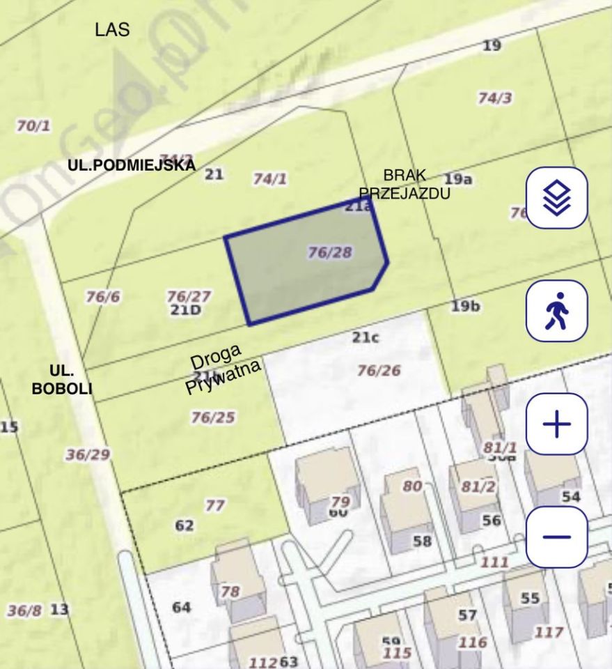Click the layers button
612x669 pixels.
(556, 198)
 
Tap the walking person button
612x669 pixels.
(556, 311)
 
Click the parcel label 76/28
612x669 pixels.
(330, 252)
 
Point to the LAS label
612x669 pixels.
(112, 29)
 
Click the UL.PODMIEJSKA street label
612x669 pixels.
(132, 165)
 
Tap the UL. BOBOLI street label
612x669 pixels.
(62, 380)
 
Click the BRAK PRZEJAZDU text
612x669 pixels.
(405, 184)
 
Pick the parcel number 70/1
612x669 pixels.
(33, 126)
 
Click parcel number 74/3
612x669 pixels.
(495, 98)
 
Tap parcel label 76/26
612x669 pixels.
(379, 370)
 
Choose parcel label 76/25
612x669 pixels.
(213, 417)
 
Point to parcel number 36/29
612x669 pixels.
(88, 454)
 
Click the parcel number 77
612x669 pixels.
(215, 505)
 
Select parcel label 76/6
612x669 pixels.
(102, 297)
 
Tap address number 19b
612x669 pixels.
(466, 306)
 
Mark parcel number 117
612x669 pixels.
(549, 633)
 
